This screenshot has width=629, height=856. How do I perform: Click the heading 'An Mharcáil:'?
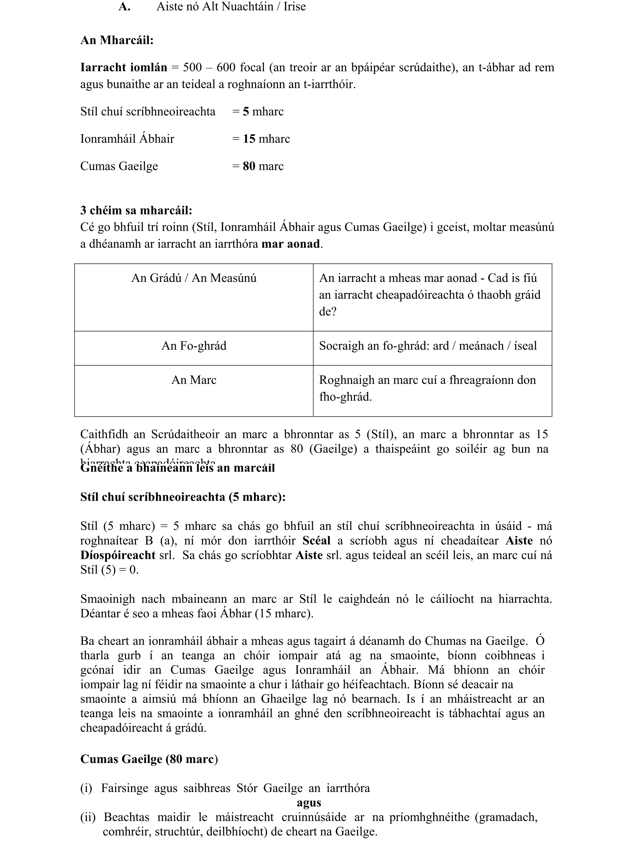pyautogui.click(x=117, y=40)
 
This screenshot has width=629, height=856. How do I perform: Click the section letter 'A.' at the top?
pyautogui.click(x=124, y=7)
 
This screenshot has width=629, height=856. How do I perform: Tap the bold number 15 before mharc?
pyautogui.click(x=249, y=139)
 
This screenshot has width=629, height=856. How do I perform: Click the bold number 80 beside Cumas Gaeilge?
pyautogui.click(x=249, y=166)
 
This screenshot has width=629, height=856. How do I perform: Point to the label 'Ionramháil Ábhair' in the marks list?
pyautogui.click(x=127, y=139)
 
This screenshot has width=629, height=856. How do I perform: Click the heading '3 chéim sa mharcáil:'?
pyautogui.click(x=136, y=211)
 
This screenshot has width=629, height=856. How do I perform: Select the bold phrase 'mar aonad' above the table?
pyautogui.click(x=291, y=243)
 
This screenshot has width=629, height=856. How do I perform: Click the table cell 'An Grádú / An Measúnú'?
pyautogui.click(x=194, y=278)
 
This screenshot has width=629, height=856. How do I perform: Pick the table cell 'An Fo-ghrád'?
pyautogui.click(x=194, y=346)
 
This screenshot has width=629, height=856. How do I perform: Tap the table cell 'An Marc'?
pyautogui.click(x=194, y=380)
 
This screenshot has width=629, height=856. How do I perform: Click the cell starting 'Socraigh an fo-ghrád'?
pyautogui.click(x=428, y=346)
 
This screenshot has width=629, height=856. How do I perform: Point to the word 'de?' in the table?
pyautogui.click(x=327, y=312)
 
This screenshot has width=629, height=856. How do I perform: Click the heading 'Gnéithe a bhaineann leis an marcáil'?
pyautogui.click(x=177, y=468)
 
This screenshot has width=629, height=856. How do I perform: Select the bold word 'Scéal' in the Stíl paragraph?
pyautogui.click(x=317, y=541)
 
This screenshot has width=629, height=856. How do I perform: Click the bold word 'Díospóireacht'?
pyautogui.click(x=118, y=555)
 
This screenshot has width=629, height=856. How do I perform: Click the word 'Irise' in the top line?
pyautogui.click(x=294, y=7)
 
